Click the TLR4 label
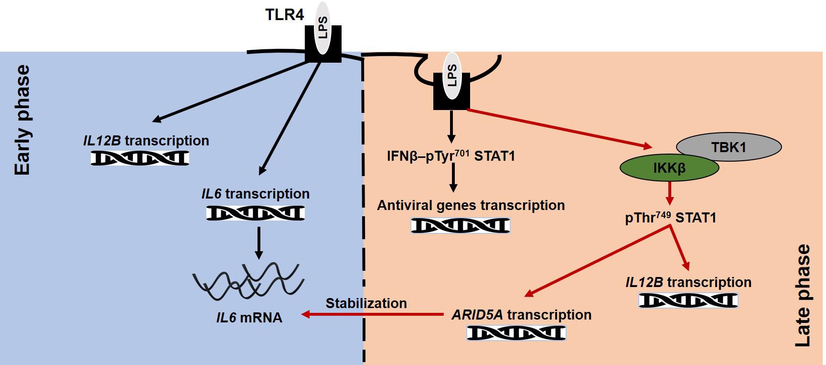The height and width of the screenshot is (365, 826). [284, 14]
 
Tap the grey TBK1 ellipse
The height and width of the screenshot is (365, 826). [729, 147]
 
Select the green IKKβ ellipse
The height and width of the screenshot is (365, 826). [669, 168]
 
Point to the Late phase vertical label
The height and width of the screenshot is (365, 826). [803, 295]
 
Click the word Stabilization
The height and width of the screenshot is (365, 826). [366, 303]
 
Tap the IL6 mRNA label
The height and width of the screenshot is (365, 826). [249, 318]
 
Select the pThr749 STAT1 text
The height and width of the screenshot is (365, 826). [670, 218]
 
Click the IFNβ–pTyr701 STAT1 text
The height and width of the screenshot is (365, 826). [451, 156]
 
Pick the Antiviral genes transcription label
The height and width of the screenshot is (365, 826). [471, 205]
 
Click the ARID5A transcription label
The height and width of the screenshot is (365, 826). [521, 315]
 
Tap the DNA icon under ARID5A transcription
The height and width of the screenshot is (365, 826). [516, 332]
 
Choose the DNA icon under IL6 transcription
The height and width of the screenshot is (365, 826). [255, 213]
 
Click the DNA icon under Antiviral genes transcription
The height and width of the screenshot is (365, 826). [460, 225]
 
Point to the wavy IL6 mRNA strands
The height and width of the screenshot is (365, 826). [248, 281]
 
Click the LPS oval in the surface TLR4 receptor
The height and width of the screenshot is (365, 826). [323, 27]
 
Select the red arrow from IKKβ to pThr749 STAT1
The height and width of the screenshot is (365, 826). [670, 193]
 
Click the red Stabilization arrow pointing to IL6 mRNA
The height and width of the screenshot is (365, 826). [373, 314]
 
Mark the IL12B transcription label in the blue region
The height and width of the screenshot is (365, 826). [146, 141]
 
